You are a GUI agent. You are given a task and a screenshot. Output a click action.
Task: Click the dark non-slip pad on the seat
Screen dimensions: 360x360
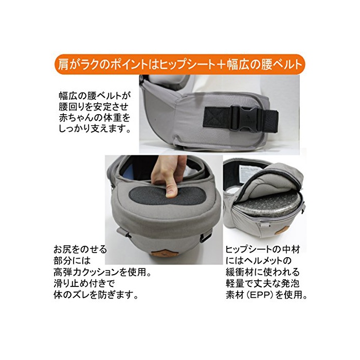click(x=167, y=195)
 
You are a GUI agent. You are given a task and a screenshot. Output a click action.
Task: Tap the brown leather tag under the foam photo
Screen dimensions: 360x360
click(x=281, y=231)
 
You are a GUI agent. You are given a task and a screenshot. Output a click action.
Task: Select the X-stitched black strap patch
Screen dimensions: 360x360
click(x=217, y=117)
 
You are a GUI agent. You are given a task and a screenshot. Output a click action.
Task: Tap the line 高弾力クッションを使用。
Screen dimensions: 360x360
click(x=102, y=272)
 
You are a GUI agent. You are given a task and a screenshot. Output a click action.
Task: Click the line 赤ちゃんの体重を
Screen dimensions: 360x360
click(x=95, y=117)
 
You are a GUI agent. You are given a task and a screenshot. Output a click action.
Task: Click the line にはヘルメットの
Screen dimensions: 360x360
click(x=259, y=261)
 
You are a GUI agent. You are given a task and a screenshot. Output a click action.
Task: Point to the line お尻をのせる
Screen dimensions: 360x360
click(x=80, y=249)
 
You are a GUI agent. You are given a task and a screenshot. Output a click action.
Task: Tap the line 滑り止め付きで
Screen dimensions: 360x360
click(x=84, y=283)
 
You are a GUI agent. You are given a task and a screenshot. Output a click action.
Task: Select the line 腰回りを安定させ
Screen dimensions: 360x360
click(x=94, y=106)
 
